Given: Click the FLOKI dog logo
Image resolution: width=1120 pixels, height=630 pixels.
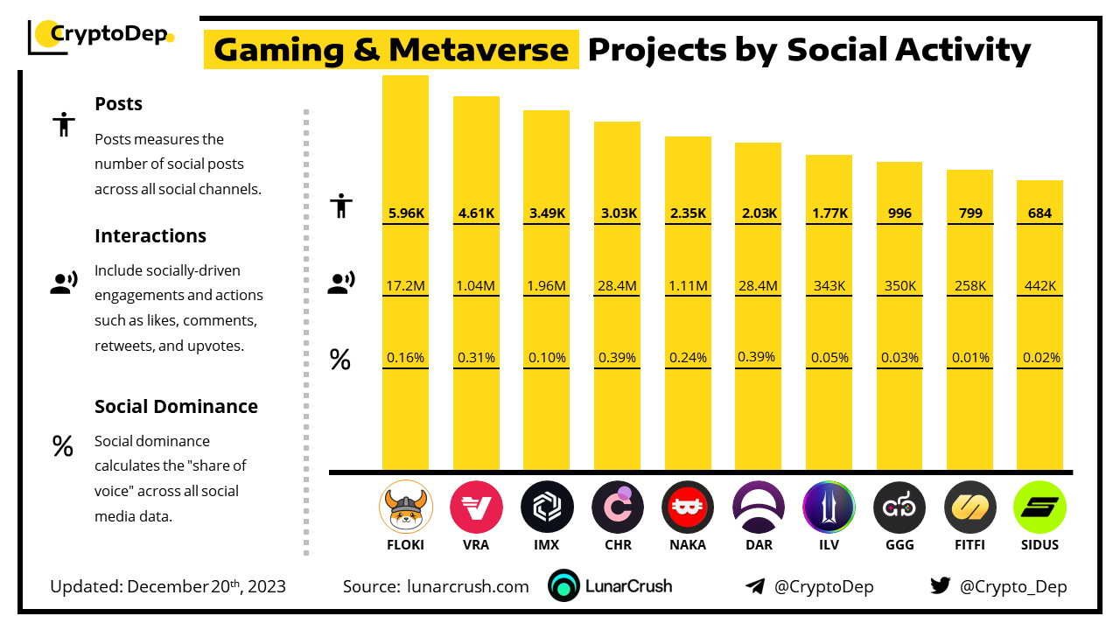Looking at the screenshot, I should [405, 507].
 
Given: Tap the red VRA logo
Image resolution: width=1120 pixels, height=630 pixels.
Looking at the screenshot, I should [476, 507].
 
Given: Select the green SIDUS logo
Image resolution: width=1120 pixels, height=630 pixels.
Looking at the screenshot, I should [1039, 507].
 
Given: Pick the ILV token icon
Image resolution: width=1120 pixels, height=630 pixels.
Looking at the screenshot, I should [829, 507].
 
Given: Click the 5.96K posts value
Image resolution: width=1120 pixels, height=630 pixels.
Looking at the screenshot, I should [405, 213].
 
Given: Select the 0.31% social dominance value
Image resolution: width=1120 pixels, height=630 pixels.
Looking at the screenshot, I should [476, 357].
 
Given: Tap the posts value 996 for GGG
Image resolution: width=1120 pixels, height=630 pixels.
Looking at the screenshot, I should [899, 213].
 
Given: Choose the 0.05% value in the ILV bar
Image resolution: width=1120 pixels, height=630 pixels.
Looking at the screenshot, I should [829, 357].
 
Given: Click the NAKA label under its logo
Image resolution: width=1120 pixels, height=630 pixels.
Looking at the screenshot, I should [687, 544].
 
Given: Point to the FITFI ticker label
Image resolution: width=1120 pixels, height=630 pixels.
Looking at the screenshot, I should [969, 544].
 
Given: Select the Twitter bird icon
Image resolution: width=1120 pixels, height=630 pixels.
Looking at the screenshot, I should [941, 586].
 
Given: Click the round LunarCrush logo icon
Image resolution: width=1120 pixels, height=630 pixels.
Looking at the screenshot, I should [564, 586].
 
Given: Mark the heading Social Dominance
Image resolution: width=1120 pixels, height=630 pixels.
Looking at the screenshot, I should [176, 406].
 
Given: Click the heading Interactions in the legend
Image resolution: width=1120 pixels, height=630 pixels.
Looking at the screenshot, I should [150, 235].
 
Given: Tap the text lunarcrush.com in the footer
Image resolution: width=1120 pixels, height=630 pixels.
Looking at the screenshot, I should [468, 586].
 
